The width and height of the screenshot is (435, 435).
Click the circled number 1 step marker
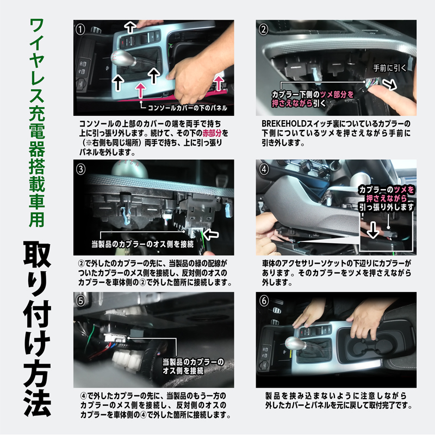80,29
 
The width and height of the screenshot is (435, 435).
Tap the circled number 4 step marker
264,169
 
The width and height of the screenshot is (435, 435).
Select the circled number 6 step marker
264,301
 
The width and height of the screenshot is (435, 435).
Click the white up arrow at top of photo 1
130,27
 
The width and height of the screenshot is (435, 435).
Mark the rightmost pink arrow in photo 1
219,83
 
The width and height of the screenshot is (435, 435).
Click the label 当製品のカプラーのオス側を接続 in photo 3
143,244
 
